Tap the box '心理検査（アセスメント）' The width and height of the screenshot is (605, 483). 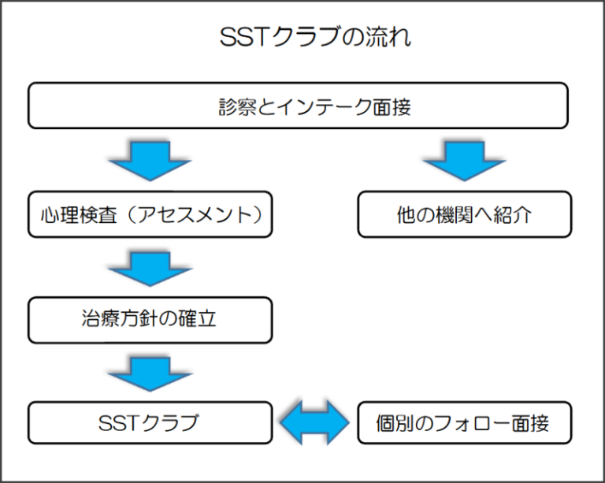click(x=150, y=214)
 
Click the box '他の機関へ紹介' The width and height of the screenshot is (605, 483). click(x=464, y=214)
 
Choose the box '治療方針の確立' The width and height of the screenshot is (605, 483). click(x=150, y=319)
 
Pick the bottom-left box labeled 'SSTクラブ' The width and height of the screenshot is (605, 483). click(x=150, y=423)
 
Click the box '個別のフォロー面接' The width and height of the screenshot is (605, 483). click(x=464, y=423)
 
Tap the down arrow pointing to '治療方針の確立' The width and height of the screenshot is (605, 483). click(x=150, y=266)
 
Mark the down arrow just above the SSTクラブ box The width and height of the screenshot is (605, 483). click(x=150, y=371)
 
